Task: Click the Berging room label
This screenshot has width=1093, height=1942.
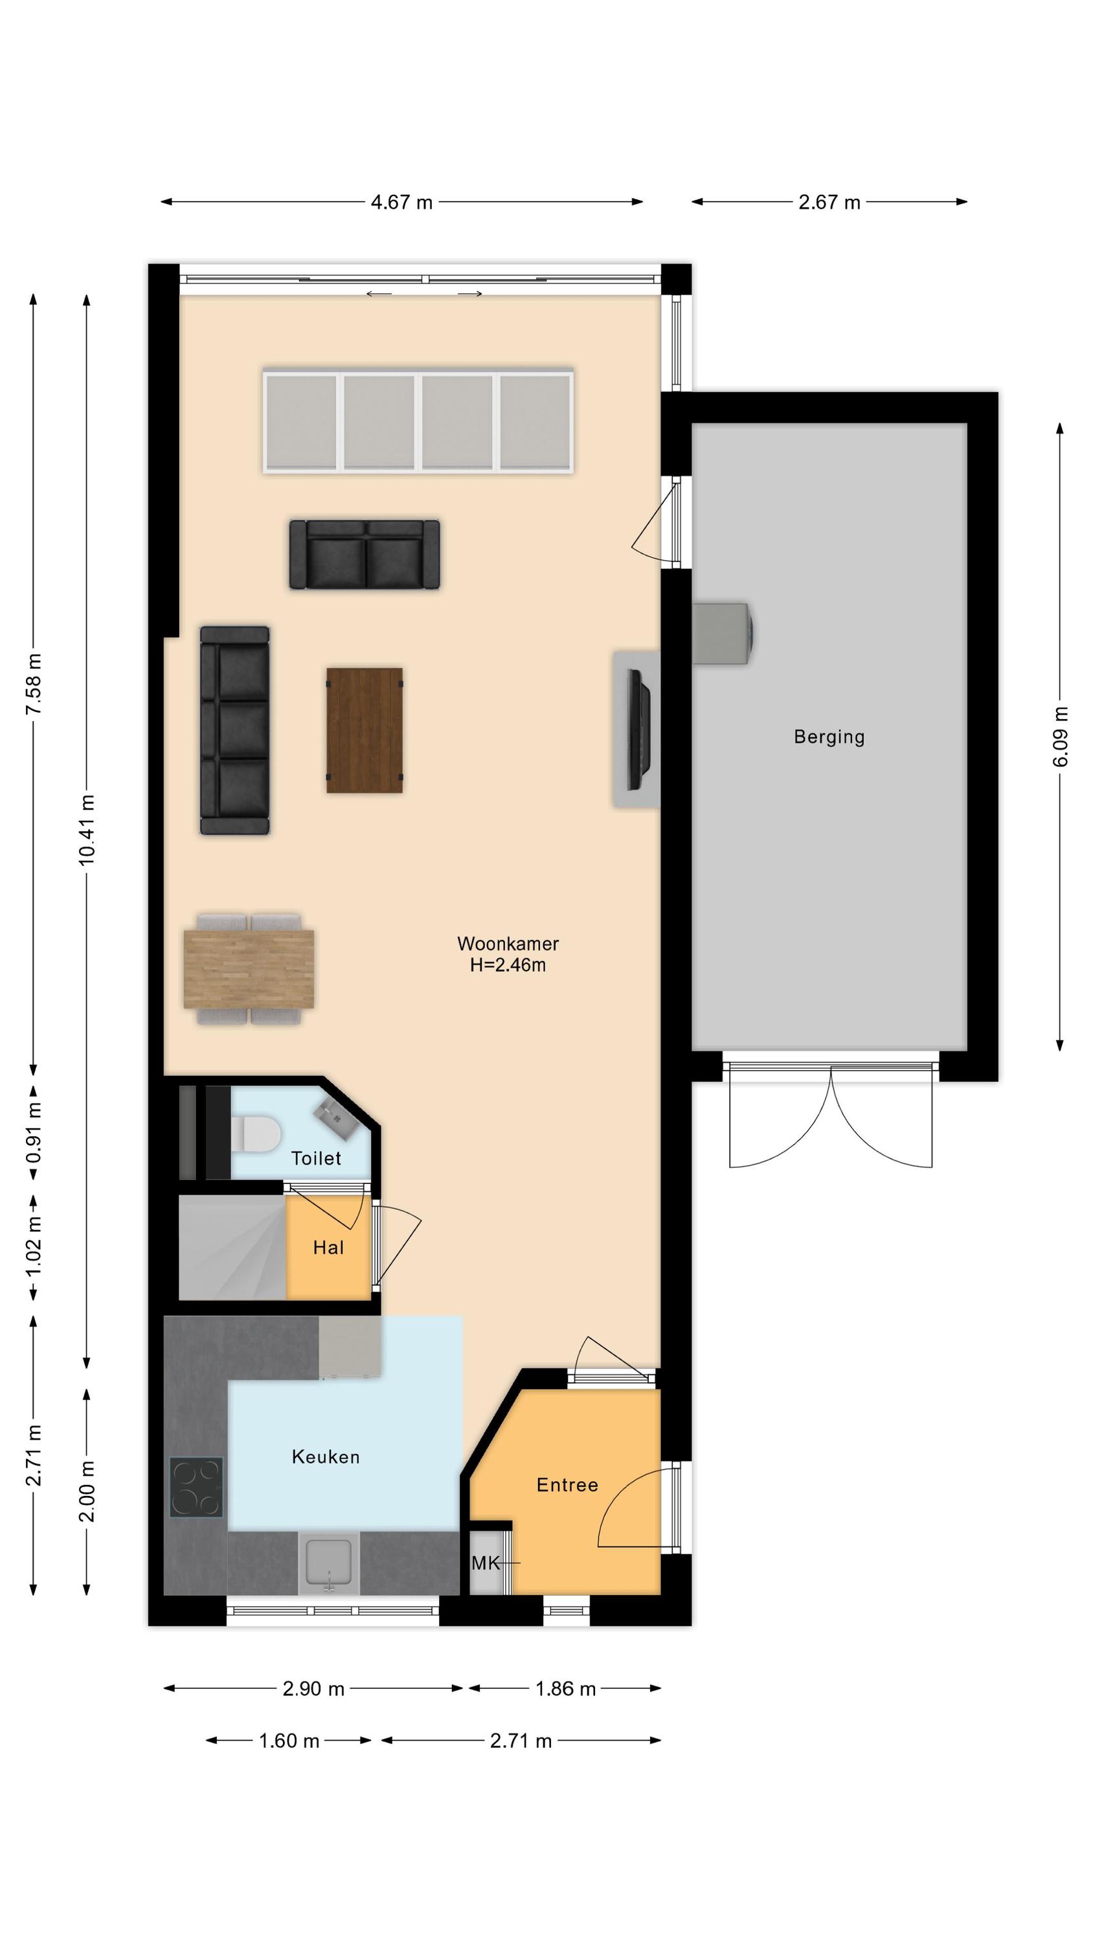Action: pos(829,737)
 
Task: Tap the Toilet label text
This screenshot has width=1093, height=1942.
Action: pos(316,1158)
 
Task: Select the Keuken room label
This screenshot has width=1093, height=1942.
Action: pos(326,1456)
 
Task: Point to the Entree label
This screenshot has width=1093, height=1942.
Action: pos(567,1484)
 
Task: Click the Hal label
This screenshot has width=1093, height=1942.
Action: pos(328,1247)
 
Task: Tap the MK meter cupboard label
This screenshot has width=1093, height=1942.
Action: pos(485,1563)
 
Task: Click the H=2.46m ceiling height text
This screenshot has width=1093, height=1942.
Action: pos(508,965)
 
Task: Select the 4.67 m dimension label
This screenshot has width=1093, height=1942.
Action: pos(401,202)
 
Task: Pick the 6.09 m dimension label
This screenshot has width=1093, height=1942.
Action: pos(1060,737)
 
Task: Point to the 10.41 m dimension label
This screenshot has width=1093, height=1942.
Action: pos(87,829)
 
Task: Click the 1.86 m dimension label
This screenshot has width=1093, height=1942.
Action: pos(566,1689)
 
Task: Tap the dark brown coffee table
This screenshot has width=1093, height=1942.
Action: pos(365,730)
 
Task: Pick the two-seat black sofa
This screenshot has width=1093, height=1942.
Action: pos(365,554)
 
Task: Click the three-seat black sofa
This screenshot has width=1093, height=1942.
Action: pos(234,730)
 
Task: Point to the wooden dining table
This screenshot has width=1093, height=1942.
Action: pos(249,969)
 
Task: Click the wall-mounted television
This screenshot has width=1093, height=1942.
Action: pos(639,730)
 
